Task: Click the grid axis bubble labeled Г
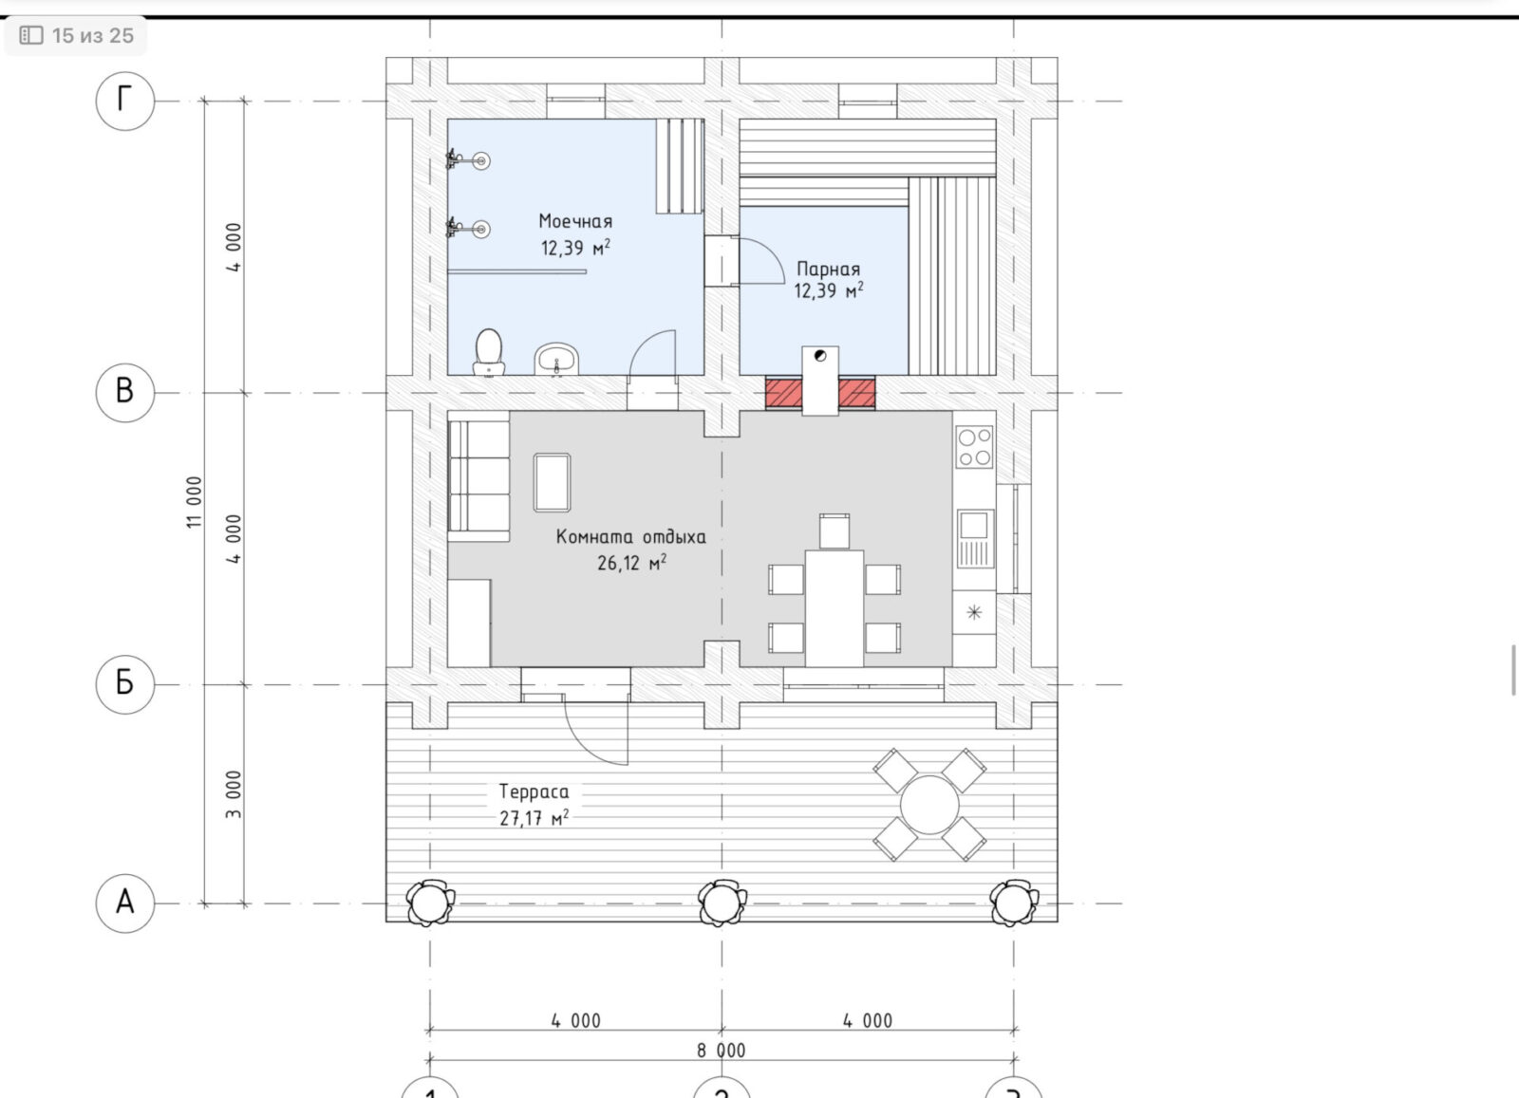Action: tap(124, 101)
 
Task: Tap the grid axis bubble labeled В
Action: tap(124, 393)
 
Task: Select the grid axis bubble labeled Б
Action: tap(124, 684)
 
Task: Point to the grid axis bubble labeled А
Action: tap(124, 903)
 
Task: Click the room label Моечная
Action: tap(575, 222)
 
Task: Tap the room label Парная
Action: tap(828, 270)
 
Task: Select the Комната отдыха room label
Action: tap(630, 537)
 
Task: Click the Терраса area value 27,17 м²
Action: tap(534, 818)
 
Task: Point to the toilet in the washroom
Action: tap(488, 352)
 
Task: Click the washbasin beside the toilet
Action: tap(556, 360)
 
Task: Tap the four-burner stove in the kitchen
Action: tap(974, 447)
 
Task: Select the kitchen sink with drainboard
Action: tap(975, 539)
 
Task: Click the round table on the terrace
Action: tap(929, 805)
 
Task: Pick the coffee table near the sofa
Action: tap(552, 483)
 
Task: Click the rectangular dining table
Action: tap(835, 608)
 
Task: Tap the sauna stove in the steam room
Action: tap(820, 381)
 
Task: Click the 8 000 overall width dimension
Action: tap(722, 1051)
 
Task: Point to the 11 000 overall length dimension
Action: tap(195, 502)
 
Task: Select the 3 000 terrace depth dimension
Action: tap(234, 794)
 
